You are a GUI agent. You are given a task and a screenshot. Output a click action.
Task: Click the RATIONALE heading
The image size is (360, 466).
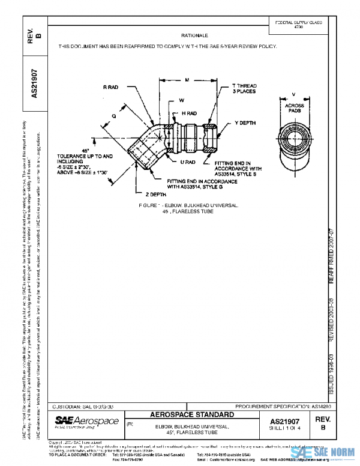190,36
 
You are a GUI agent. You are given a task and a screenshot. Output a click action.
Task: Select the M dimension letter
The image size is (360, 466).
187,79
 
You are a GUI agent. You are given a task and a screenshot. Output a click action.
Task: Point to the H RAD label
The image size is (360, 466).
189,113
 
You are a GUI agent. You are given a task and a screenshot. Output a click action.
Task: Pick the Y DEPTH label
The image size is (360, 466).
245,123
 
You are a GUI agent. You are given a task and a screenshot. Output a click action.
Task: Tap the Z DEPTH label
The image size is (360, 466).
155,195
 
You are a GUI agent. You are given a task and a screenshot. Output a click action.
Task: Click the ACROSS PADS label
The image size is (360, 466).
293,107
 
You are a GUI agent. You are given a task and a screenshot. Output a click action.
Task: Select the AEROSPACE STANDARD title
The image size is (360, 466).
191,415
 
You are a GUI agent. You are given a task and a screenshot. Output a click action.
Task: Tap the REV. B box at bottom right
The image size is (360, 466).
323,423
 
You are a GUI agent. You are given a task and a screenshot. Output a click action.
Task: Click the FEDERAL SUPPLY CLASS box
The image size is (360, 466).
298,24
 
